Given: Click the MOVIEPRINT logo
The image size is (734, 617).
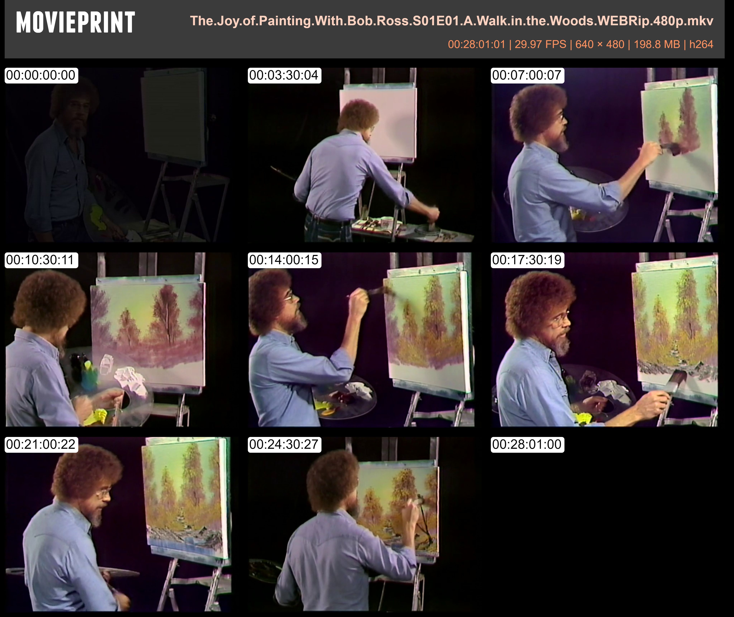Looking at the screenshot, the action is [76, 22].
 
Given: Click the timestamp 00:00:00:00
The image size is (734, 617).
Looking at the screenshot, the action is [41, 75].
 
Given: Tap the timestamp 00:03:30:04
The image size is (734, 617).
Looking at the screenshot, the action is [284, 75].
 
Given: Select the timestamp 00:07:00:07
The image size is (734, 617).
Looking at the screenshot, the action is [527, 75].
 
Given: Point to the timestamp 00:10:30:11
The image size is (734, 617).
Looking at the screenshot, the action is [41, 260].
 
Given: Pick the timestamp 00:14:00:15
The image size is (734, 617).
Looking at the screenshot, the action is [284, 260].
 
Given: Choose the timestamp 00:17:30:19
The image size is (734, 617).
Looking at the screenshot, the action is [527, 260].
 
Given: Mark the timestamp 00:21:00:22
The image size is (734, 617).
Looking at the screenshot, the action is [41, 444].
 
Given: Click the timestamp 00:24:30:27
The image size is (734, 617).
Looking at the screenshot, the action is [284, 444].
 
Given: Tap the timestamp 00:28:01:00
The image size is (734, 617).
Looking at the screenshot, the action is [527, 444].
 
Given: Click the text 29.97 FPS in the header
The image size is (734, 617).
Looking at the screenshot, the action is [540, 44].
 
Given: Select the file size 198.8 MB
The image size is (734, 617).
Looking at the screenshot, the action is [657, 44].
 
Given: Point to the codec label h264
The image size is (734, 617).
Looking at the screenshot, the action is [701, 44].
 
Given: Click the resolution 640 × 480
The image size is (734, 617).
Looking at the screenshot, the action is [600, 44].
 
